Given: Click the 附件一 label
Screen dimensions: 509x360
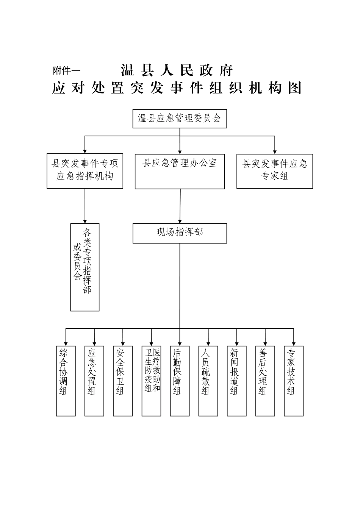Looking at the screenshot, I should point(66,70).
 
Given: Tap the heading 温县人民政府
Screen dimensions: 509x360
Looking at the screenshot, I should point(177,70).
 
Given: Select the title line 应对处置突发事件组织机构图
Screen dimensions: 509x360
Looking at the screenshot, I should point(177,88).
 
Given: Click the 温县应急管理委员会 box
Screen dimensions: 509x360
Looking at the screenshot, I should point(180,119).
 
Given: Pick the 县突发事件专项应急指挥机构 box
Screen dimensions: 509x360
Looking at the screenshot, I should point(85,171).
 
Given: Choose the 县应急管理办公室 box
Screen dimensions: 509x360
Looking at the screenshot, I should point(180,171).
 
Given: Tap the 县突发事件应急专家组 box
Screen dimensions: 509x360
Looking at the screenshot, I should point(275,171).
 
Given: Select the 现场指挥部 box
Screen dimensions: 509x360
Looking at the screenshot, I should point(180,233).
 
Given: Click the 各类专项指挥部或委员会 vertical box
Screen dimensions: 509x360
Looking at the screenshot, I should point(85,267).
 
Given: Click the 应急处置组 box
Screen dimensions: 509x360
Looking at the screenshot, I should point(94,381).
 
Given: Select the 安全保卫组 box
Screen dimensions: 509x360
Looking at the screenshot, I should point(123,381).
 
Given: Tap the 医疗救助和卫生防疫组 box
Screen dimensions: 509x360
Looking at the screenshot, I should point(151,381).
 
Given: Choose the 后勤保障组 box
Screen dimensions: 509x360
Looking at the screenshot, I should point(180,381).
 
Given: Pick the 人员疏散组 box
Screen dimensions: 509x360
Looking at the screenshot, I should point(208,381).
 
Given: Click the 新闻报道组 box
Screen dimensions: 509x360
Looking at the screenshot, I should point(237,381).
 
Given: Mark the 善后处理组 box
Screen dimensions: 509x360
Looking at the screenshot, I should point(265,381).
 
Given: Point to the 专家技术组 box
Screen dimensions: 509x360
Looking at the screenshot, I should point(294,381).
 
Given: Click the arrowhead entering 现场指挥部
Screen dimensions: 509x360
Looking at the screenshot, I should point(180,221).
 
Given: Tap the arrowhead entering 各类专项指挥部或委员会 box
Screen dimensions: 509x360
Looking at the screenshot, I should point(85,221).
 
